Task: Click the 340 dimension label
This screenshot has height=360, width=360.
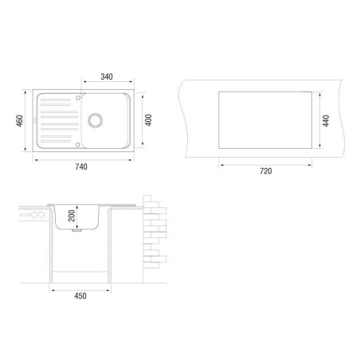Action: pyautogui.click(x=107, y=76)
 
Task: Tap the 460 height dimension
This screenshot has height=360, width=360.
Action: pyautogui.click(x=20, y=121)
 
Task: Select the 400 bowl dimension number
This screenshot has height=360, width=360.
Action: pyautogui.click(x=148, y=120)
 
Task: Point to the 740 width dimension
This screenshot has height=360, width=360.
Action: pyautogui.click(x=81, y=166)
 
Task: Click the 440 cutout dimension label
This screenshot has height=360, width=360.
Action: pyautogui.click(x=326, y=121)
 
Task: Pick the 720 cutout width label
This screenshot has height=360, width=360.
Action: pyautogui.click(x=266, y=171)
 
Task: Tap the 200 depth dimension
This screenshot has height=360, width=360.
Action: pyautogui.click(x=72, y=216)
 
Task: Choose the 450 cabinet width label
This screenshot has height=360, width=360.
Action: pyautogui.click(x=80, y=295)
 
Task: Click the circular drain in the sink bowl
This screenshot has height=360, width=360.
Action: pyautogui.click(x=95, y=120)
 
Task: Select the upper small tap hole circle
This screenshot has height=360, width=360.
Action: pyautogui.click(x=78, y=98)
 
